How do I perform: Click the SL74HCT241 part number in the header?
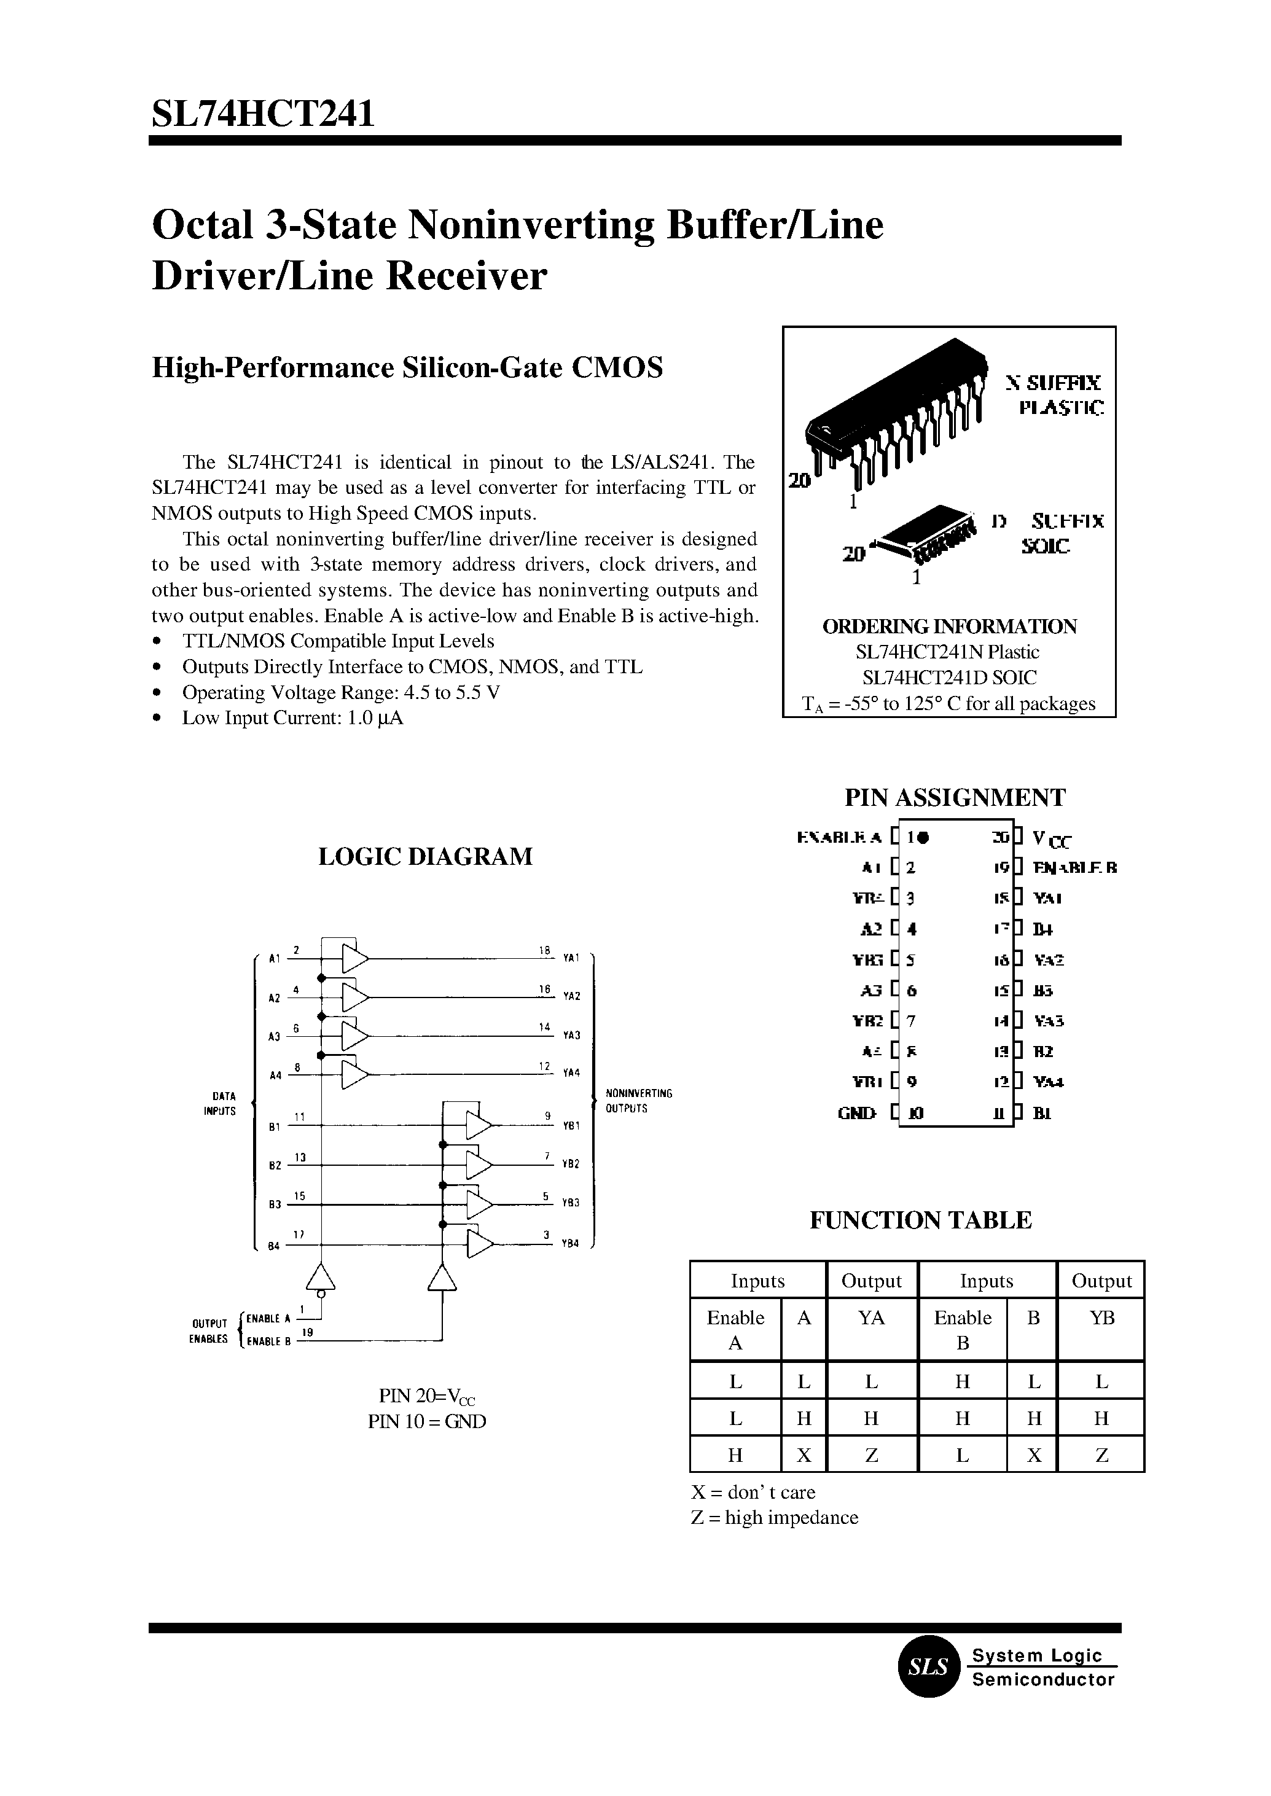263,114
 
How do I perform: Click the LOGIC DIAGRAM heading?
425,856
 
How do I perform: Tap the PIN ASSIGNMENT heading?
955,797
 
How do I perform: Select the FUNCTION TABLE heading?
920,1220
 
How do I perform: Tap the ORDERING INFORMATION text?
949,626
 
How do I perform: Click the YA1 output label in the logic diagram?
571,958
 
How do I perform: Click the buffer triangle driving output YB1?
478,1126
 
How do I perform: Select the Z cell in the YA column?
871,1456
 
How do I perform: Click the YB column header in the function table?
1101,1318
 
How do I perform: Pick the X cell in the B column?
1033,1456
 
